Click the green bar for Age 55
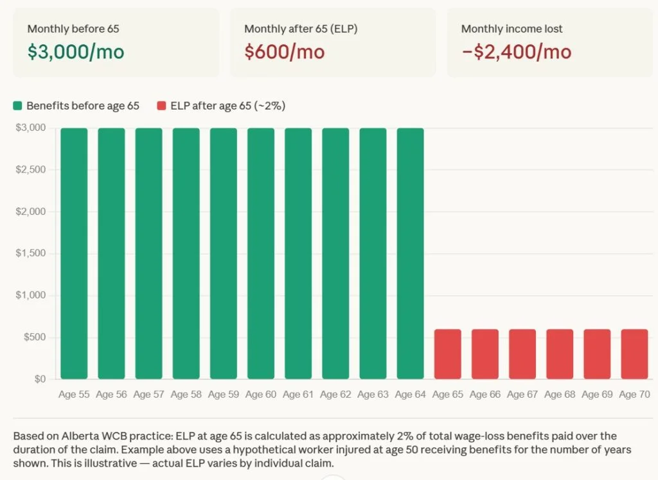pos(74,253)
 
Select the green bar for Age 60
pos(261,253)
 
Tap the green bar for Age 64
pos(411,253)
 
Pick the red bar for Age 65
pos(448,354)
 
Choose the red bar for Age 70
pos(634,354)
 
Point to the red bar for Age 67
pos(522,354)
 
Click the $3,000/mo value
pos(75,52)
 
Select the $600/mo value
pos(284,52)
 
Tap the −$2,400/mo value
pos(516,52)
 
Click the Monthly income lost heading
pos(511,29)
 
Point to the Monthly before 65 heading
pos(73,29)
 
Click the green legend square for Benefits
pos(18,106)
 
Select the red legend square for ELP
pos(161,106)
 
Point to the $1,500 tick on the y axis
pos(31,253)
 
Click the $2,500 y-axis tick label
pos(31,169)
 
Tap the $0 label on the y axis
pos(39,379)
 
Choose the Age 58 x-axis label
pos(186,395)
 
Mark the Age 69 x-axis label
pos(597,395)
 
